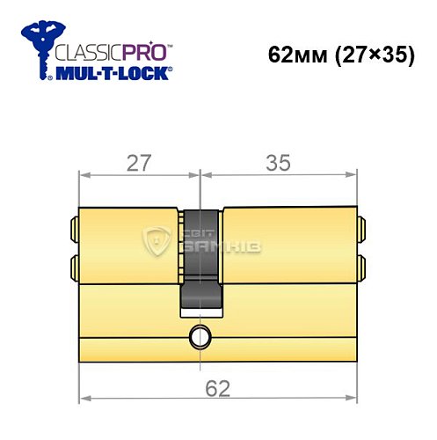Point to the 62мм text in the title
295,54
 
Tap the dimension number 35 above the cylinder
280,162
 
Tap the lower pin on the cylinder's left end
71,265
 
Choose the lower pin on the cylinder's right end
361,265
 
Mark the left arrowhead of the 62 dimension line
84,397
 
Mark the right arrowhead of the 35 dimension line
353,174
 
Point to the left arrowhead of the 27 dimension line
84,174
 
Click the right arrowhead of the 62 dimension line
353,397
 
